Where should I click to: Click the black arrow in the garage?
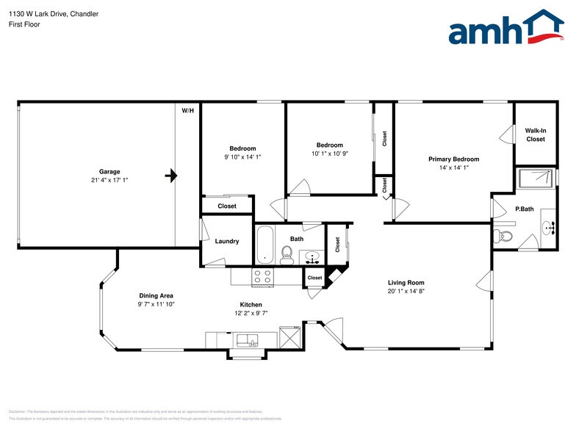171,176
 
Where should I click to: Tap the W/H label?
188,111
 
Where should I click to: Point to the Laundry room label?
227,241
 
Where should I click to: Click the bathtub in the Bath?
265,245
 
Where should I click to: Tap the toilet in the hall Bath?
287,254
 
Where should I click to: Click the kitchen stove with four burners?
262,276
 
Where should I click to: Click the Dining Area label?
156,295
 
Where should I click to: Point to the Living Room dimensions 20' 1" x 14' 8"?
406,292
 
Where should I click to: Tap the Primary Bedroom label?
453,159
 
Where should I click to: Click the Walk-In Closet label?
535,134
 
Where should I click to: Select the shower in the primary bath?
536,177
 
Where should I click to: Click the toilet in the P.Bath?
503,236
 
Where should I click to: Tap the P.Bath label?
524,209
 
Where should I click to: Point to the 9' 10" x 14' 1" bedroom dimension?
242,156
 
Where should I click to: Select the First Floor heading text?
24,24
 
